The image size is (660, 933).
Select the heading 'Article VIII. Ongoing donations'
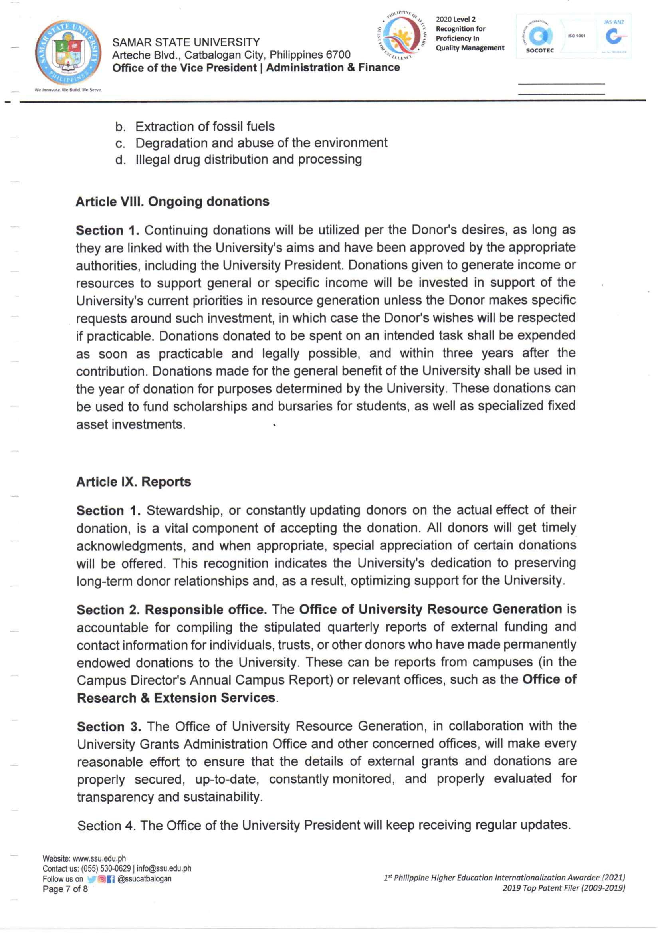(x=172, y=202)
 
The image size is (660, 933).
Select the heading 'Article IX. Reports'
(x=134, y=481)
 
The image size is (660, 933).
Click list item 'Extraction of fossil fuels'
(x=205, y=127)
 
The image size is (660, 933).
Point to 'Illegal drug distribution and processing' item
(x=248, y=159)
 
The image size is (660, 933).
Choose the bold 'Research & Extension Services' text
(x=176, y=698)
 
